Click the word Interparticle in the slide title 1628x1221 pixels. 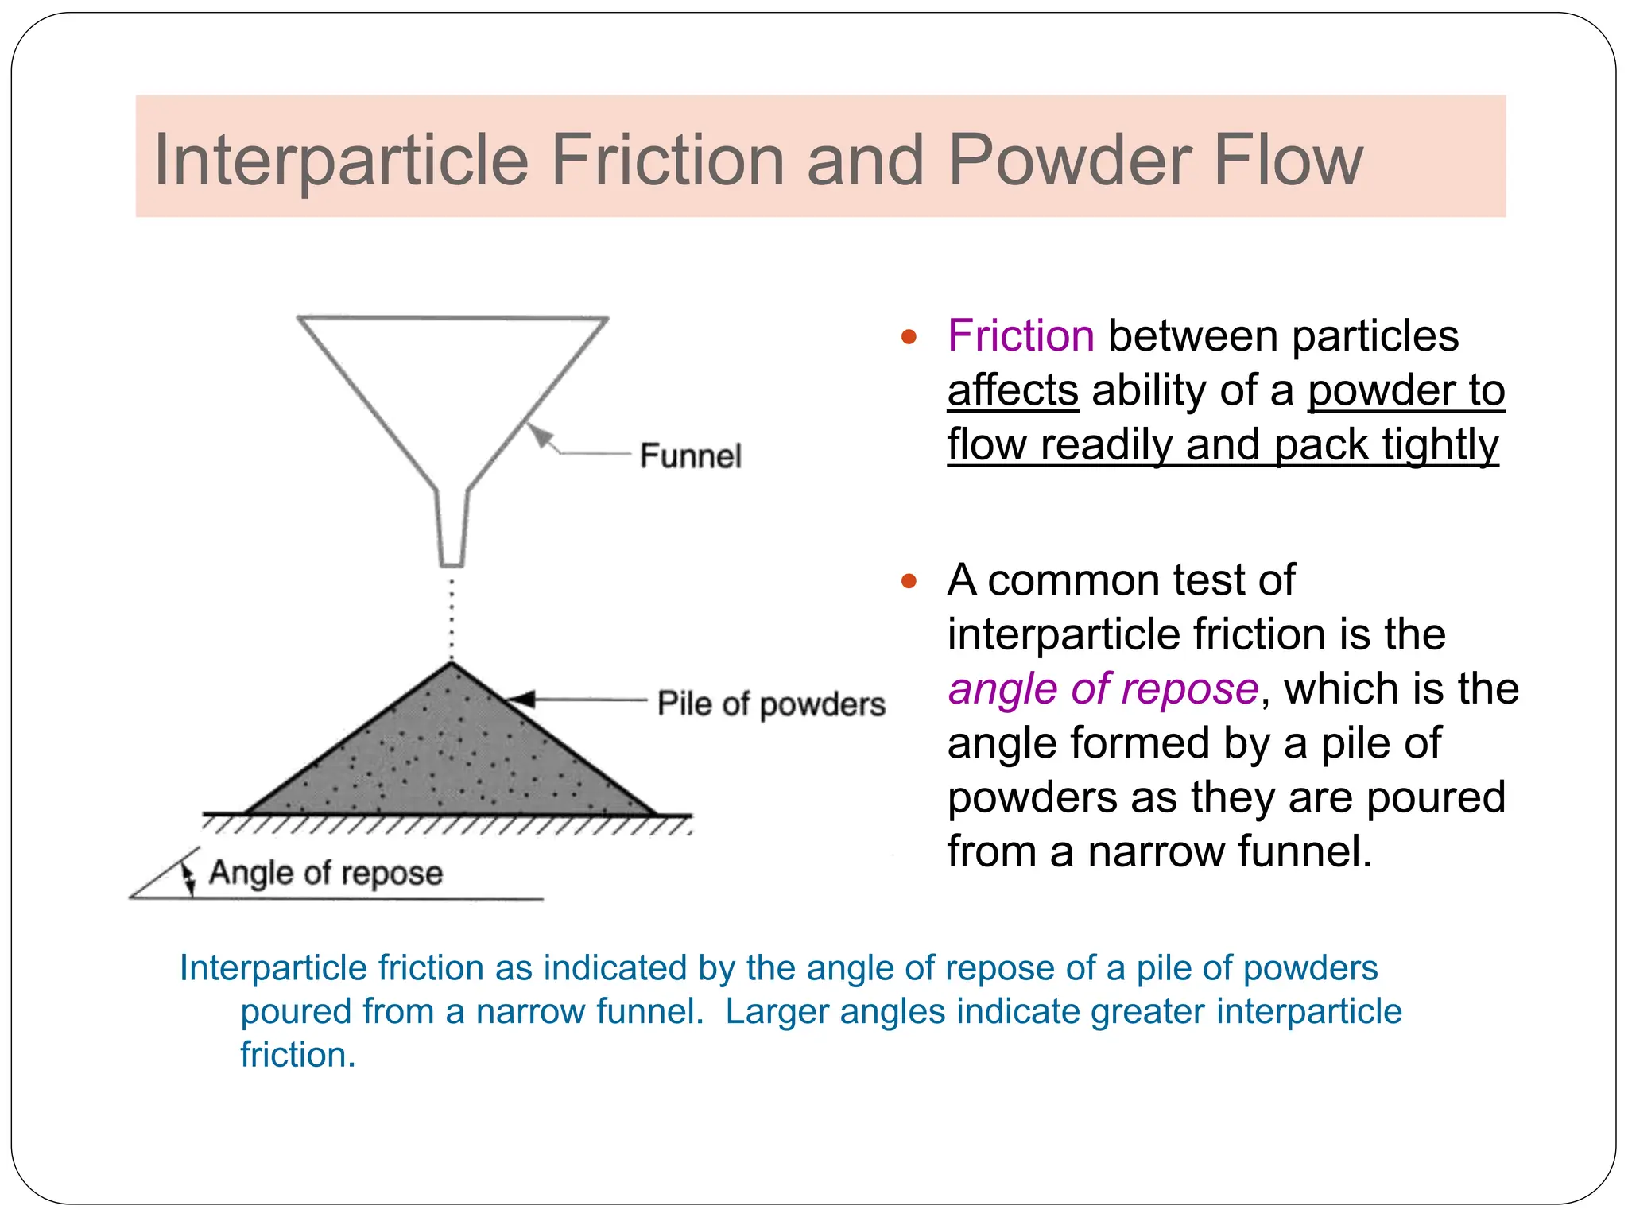click(x=340, y=161)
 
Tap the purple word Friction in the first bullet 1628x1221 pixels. click(x=1021, y=335)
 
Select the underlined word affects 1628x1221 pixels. click(x=1012, y=390)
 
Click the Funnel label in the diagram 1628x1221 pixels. click(x=690, y=456)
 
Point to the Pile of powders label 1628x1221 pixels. click(x=770, y=704)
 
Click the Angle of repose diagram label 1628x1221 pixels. click(x=325, y=873)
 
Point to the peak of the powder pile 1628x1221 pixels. click(x=452, y=666)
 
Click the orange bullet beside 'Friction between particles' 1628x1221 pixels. click(x=909, y=337)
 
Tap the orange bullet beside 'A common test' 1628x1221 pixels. click(x=909, y=581)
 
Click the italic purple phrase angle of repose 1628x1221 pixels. click(x=1103, y=688)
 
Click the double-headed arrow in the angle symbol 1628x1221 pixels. click(x=188, y=878)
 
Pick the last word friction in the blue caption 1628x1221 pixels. click(x=297, y=1055)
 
